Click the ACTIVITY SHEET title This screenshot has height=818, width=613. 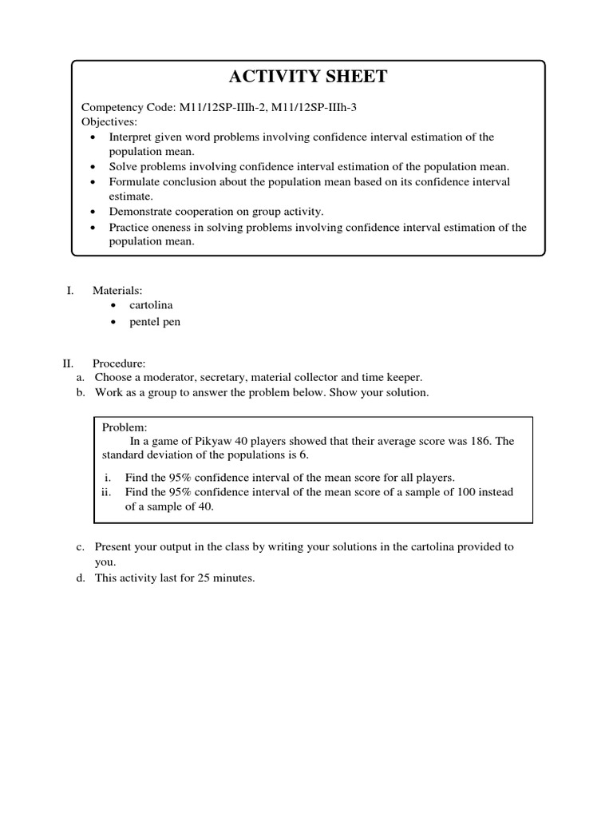coord(308,77)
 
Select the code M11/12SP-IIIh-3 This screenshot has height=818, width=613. coord(314,108)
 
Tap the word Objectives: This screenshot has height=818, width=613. coord(109,122)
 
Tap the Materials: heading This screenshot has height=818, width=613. coord(117,291)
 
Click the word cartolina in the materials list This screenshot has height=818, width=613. coord(151,306)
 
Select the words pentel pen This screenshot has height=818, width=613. coord(155,322)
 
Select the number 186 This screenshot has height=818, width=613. coord(468,441)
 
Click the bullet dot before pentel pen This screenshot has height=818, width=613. coord(116,322)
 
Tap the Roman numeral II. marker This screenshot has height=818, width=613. coord(68,363)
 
